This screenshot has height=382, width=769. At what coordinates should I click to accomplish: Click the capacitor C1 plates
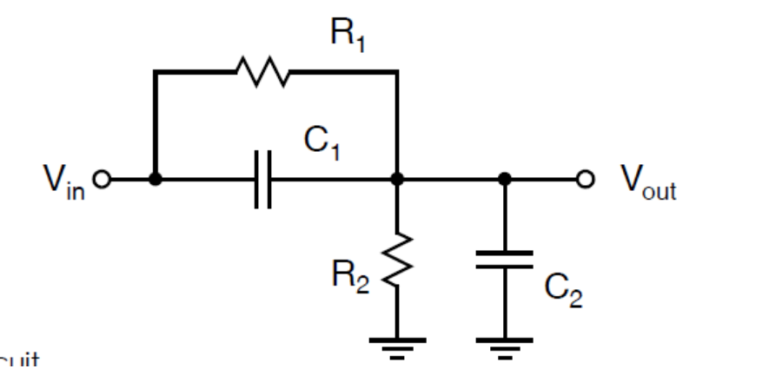(263, 180)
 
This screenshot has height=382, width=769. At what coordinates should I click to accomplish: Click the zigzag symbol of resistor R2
(397, 259)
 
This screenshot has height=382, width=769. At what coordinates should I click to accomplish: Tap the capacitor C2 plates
(505, 260)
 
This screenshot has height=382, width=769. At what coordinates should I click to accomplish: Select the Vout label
(648, 180)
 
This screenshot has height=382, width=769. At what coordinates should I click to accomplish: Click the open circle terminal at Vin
(102, 180)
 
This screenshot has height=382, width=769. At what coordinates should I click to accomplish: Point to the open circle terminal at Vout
(587, 180)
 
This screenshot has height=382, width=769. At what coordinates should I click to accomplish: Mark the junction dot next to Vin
(155, 180)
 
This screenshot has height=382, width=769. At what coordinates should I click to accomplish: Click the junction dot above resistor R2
(397, 180)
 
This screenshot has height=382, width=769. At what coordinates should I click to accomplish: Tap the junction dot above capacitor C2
(505, 180)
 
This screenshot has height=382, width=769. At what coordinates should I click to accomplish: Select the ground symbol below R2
(397, 346)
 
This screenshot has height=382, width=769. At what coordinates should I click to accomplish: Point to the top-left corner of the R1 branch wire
(155, 72)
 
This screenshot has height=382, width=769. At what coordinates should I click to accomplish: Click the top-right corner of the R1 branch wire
(397, 72)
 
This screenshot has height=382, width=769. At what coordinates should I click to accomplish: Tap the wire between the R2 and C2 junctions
(451, 180)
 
